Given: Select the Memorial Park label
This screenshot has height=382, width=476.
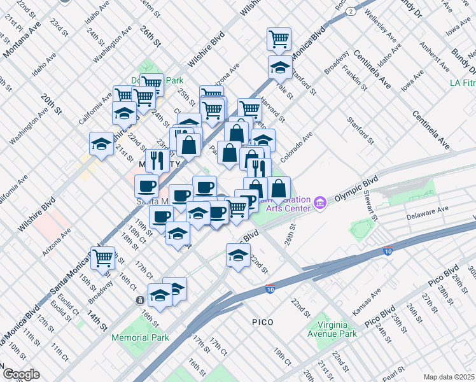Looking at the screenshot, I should [x=140, y=337].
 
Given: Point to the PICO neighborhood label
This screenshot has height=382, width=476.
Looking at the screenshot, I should [x=262, y=322].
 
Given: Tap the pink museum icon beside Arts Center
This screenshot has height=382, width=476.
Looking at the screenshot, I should [x=321, y=204].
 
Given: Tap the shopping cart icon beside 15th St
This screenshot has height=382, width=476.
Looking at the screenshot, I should [x=102, y=257].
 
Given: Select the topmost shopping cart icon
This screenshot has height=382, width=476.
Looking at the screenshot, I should [x=279, y=38].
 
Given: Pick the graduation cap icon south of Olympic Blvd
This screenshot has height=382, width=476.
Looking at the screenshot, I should [x=238, y=255].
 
